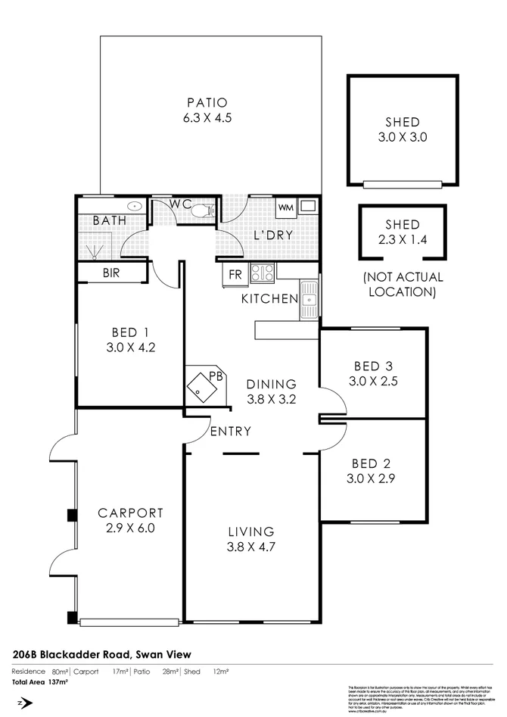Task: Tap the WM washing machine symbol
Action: click(286, 207)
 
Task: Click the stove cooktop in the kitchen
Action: click(262, 273)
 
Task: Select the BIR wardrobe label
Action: click(111, 273)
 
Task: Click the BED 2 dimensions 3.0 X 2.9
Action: click(372, 479)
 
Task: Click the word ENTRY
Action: click(231, 432)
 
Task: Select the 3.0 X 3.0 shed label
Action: click(402, 138)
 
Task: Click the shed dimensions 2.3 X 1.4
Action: click(402, 239)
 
